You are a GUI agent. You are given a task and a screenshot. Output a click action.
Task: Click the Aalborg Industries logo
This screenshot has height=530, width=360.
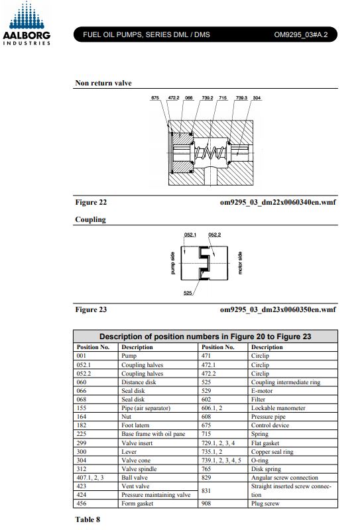pyautogui.click(x=27, y=23)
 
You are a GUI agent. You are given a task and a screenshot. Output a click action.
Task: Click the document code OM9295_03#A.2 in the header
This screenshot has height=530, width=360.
pyautogui.click(x=301, y=34)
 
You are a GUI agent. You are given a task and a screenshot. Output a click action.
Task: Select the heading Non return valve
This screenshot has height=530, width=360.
pyautogui.click(x=103, y=83)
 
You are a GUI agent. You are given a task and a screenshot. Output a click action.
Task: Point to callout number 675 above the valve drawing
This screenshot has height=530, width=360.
pyautogui.click(x=155, y=97)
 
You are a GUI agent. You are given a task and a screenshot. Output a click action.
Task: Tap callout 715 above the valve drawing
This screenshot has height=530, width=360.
pyautogui.click(x=223, y=97)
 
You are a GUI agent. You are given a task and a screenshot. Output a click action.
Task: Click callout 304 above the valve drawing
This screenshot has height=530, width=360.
pyautogui.click(x=257, y=97)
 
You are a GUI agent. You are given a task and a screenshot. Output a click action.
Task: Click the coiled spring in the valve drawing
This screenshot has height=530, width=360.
pyautogui.click(x=210, y=153)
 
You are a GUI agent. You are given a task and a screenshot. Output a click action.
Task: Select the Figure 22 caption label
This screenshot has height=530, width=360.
pyautogui.click(x=91, y=202)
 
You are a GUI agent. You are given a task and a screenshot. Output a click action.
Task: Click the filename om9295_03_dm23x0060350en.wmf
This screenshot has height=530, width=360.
pyautogui.click(x=278, y=309)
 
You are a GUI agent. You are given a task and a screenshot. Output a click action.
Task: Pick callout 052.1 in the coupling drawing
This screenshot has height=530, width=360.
pyautogui.click(x=190, y=235)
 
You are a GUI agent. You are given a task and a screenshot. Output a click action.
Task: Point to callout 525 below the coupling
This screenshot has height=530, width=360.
pyautogui.click(x=188, y=293)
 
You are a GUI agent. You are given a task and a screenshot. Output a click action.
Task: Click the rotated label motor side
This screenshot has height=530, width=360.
pyautogui.click(x=240, y=263)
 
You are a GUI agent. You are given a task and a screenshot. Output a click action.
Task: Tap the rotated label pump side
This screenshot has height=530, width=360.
pyautogui.click(x=172, y=263)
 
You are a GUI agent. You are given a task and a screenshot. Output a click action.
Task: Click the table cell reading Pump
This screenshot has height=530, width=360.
pyautogui.click(x=129, y=356)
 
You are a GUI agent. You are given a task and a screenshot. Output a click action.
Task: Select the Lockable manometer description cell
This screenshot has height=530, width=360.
pyautogui.click(x=278, y=408)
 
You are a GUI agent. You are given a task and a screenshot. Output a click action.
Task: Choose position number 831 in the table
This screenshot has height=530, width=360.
pyautogui.click(x=206, y=490)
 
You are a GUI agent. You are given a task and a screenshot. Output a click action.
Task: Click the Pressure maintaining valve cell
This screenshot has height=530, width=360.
pyautogui.click(x=156, y=495)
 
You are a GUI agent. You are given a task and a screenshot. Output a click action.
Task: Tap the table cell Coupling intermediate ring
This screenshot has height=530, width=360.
pyautogui.click(x=286, y=382)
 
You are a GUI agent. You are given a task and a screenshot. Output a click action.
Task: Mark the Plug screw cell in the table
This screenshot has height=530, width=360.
pyautogui.click(x=265, y=503)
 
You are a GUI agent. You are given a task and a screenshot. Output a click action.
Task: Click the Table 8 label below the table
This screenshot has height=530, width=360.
pyautogui.click(x=88, y=519)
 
